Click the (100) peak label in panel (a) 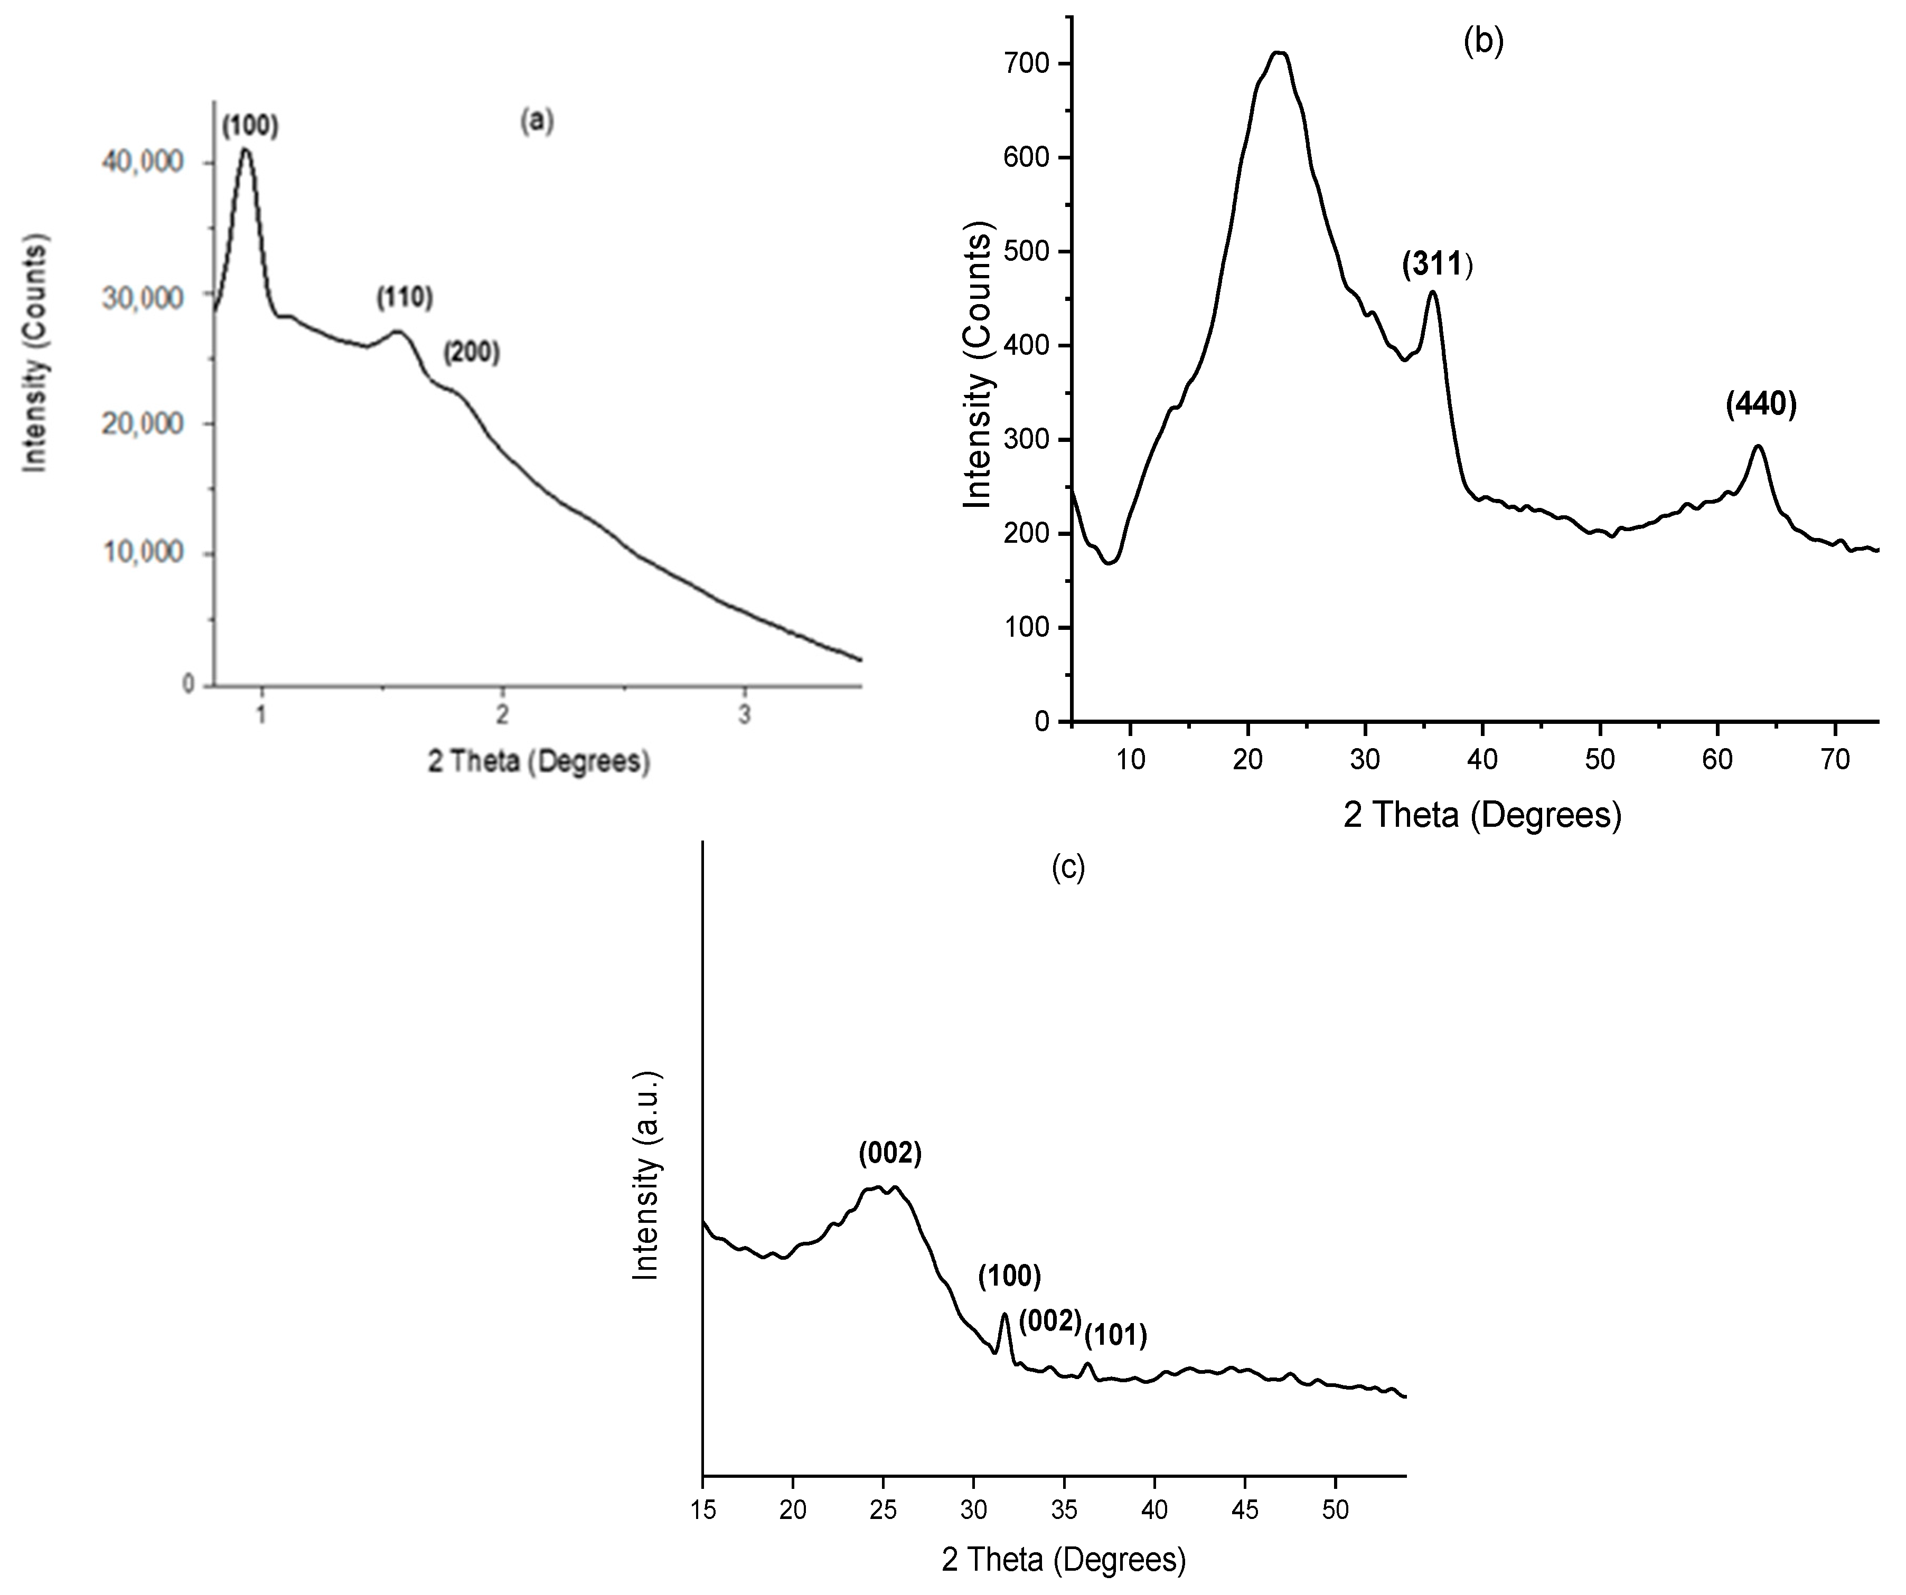point(250,126)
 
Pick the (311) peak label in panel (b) point(1436,265)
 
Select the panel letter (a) point(537,121)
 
